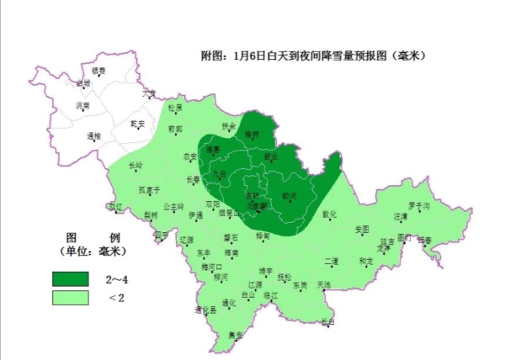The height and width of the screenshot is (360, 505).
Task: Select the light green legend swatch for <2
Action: click(x=72, y=298)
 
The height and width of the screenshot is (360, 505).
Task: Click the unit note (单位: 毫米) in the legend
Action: click(x=91, y=251)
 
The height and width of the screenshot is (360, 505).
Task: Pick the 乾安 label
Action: click(x=137, y=124)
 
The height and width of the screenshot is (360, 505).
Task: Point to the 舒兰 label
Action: click(x=270, y=157)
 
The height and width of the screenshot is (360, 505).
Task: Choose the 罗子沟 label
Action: click(x=419, y=205)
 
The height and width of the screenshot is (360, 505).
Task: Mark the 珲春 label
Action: click(x=424, y=240)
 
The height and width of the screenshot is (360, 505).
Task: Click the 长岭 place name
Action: click(x=136, y=166)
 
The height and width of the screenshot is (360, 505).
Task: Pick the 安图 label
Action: click(x=362, y=229)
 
